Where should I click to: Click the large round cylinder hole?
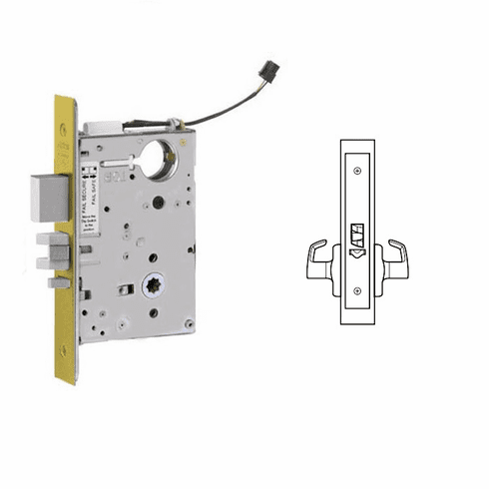coord(159,161)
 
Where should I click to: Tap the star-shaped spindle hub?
coord(154,282)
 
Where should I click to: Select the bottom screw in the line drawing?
coord(357,290)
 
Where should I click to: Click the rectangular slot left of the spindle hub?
coord(125,289)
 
